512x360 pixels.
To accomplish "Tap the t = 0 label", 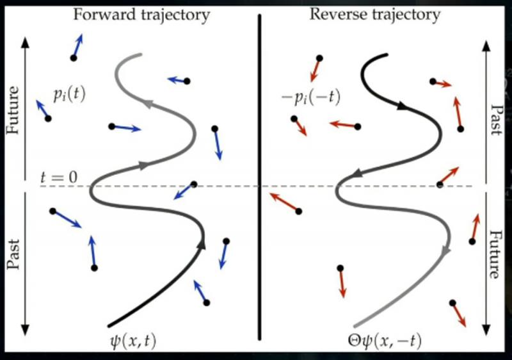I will coord(58,177).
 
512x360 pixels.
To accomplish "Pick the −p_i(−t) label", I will coord(312,97).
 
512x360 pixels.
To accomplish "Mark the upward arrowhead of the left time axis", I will coord(25,40).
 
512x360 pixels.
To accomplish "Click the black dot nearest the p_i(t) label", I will coord(48,119).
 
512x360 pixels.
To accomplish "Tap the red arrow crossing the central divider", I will coord(282,200).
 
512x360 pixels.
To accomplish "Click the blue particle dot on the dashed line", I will coord(194,184).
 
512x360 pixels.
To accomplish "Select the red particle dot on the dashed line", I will coord(439,185).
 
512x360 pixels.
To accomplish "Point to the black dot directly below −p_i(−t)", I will coord(294,119).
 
